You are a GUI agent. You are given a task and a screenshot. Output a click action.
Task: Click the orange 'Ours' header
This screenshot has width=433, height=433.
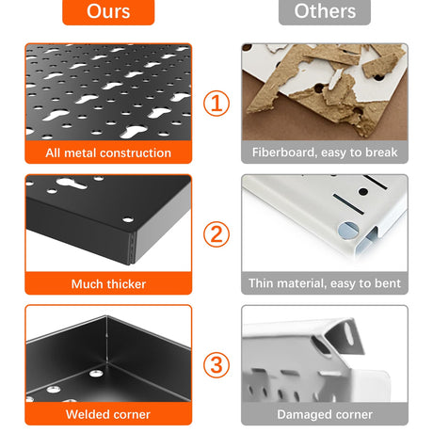(108, 11)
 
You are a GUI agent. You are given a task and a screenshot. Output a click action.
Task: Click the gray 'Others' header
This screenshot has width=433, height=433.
(325, 11)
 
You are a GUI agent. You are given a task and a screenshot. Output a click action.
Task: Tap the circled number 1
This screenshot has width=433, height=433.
(216, 104)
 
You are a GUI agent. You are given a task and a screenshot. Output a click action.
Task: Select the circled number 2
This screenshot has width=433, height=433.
(216, 234)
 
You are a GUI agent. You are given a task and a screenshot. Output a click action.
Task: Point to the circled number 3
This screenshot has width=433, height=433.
(216, 365)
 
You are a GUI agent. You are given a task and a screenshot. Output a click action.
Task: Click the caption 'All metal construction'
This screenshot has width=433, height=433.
(108, 152)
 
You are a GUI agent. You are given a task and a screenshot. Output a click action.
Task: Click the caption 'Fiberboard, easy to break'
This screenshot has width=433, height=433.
(325, 152)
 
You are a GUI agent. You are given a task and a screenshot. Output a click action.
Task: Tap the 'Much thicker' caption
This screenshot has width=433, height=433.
(108, 284)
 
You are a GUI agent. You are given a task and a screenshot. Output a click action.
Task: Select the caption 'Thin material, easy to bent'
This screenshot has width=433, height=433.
(325, 283)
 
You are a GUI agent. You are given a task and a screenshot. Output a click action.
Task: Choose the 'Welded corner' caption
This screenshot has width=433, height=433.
(108, 414)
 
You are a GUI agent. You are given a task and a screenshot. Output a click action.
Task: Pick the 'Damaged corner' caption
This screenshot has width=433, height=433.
(325, 415)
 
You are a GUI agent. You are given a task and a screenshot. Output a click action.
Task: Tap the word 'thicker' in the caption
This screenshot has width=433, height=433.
(126, 284)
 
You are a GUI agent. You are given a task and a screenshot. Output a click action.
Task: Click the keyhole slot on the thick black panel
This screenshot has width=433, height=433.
(72, 184)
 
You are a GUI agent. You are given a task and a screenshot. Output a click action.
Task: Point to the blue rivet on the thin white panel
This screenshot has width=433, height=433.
(348, 231)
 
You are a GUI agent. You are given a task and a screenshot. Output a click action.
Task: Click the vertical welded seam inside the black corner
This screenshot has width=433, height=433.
(106, 340)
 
